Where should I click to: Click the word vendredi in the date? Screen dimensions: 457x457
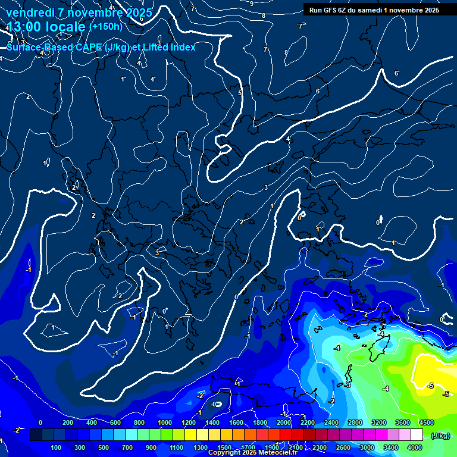[30, 12]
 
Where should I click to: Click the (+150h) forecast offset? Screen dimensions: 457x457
[105, 27]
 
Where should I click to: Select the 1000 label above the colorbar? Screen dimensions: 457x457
[165, 422]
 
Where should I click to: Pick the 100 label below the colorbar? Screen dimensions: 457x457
[57, 447]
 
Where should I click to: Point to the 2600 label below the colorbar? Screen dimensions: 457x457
[343, 447]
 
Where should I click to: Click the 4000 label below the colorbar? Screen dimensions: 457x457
[414, 447]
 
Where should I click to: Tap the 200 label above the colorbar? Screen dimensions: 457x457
[68, 422]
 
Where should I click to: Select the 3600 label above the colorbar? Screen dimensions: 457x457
[402, 422]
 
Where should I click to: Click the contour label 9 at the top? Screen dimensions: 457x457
[252, 4]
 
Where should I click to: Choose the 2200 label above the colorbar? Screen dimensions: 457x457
[307, 422]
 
